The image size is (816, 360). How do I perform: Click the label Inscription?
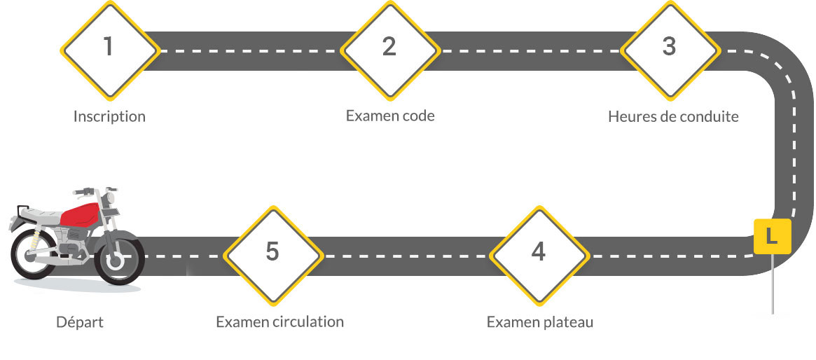tap(109, 116)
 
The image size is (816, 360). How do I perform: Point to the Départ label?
tap(80, 322)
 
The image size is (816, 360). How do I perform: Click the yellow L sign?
tap(772, 237)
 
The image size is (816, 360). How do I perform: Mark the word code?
tap(418, 116)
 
